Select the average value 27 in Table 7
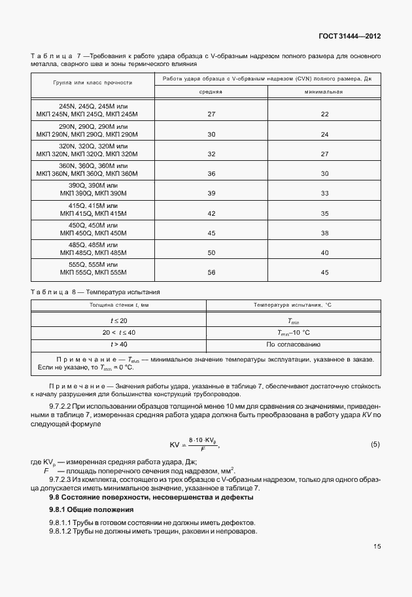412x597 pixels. tap(211, 114)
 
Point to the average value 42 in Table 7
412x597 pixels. tap(211, 214)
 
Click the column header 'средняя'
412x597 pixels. tap(211, 92)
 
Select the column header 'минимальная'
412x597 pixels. tap(324, 92)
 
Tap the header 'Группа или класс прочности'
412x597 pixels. tap(92, 83)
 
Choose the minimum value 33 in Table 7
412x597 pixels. tap(324, 194)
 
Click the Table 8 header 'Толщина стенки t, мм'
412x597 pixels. tap(119, 305)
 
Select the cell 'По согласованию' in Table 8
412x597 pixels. tap(293, 343)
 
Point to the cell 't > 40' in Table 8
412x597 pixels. tap(119, 343)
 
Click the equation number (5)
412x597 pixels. tap(375, 445)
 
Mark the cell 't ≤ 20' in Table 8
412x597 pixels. tap(119, 320)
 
